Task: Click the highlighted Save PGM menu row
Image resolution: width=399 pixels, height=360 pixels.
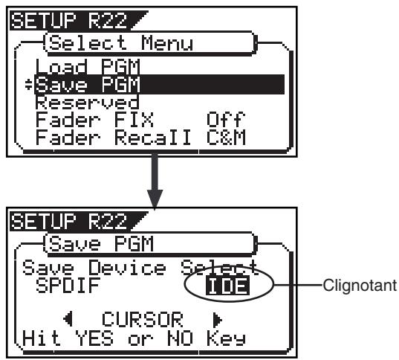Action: pos(159,84)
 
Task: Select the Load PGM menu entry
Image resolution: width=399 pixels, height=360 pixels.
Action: pos(88,66)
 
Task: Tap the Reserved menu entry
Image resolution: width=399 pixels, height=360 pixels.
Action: pos(87,103)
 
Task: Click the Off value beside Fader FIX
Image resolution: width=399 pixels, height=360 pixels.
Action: pos(226,119)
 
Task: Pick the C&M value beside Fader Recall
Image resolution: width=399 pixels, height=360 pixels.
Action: pos(226,137)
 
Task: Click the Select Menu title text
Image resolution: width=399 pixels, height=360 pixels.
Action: pos(121,42)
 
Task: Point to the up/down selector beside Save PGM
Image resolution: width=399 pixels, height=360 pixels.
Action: pos(28,85)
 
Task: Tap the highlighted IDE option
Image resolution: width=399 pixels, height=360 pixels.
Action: pos(228,286)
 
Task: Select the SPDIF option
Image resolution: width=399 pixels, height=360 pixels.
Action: pos(68,286)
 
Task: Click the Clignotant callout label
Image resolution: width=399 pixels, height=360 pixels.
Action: pos(360,285)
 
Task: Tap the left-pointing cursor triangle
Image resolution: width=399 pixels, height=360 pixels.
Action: pos(68,319)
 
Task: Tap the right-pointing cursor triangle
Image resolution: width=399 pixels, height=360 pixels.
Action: pos(217,319)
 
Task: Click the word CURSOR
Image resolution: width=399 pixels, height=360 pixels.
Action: pos(142,319)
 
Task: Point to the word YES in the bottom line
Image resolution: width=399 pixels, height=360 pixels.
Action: pos(94,338)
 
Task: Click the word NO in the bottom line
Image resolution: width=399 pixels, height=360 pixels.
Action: pos(180,338)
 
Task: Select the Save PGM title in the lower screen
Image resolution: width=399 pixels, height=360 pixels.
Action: pos(101,243)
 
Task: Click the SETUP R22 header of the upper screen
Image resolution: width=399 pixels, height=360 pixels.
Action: pos(68,21)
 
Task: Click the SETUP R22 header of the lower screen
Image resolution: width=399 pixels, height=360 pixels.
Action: pos(68,222)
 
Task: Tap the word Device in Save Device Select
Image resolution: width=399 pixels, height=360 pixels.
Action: pos(127,268)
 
